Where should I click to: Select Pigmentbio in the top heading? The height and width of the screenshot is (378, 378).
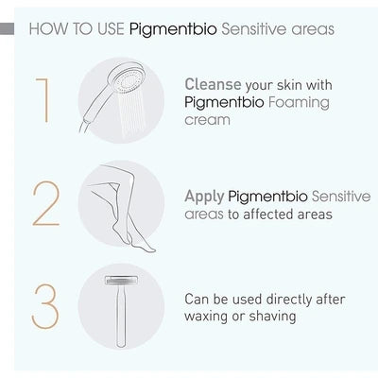(163, 28)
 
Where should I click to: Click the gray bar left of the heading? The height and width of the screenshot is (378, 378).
(9, 29)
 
